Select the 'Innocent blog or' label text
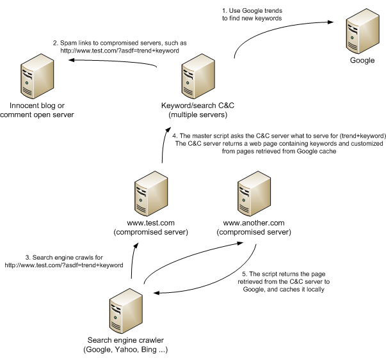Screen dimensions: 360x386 tap(36, 105)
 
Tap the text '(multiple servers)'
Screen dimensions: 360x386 tap(194, 114)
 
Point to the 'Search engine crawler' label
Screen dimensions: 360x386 tap(128, 340)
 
